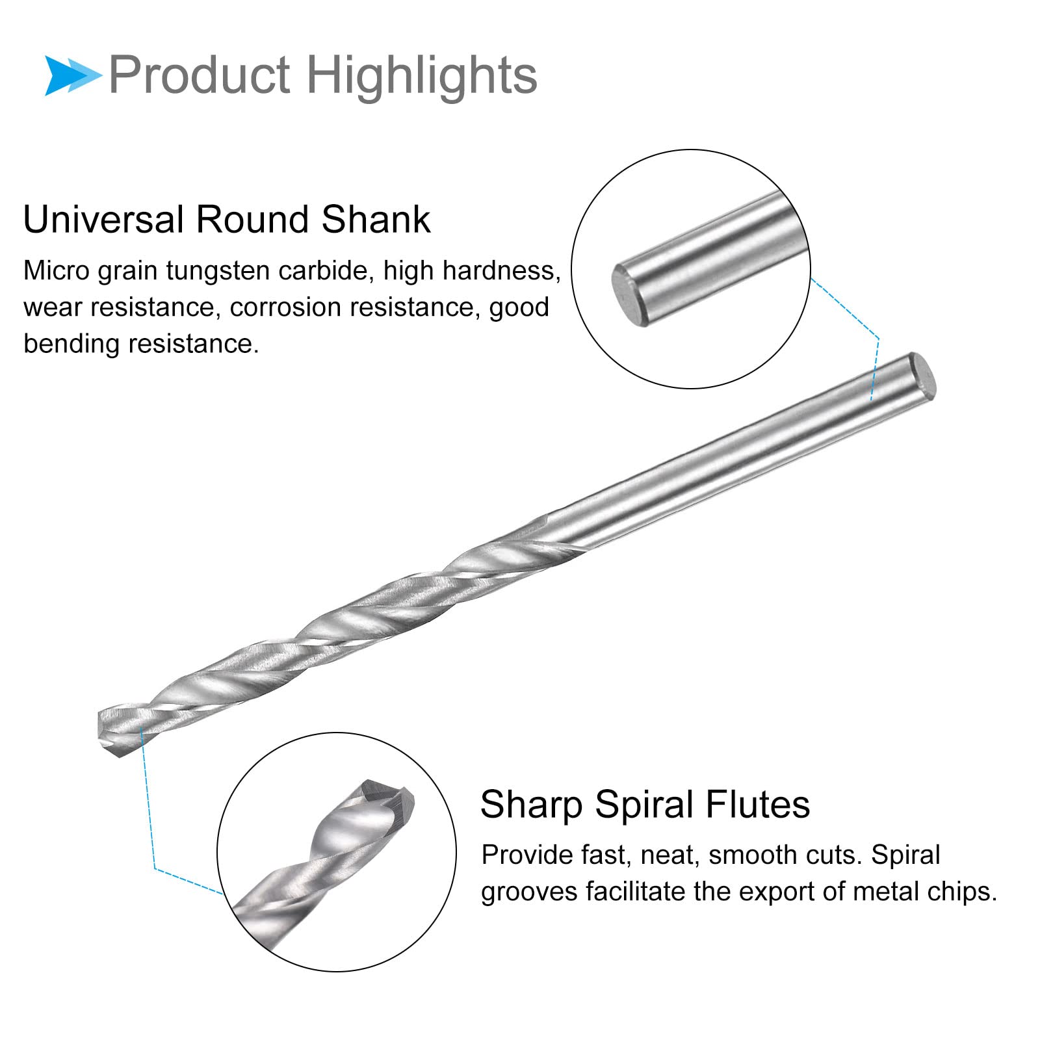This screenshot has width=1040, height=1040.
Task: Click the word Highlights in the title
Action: (422, 75)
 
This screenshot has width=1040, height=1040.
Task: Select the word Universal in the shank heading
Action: (103, 219)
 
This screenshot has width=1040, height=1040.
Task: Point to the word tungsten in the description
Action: (218, 271)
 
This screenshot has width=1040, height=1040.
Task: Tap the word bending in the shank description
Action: (72, 344)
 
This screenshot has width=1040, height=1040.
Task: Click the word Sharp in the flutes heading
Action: (531, 805)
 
